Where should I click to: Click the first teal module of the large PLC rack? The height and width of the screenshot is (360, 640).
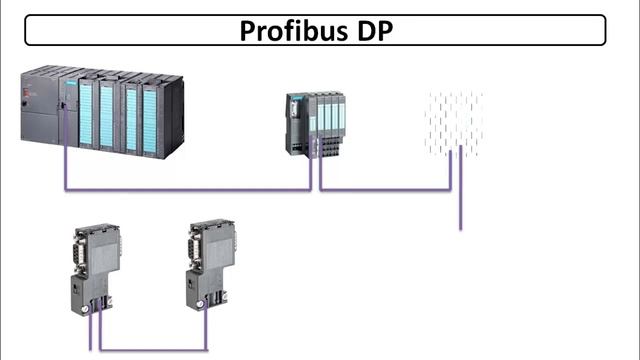pos(86,115)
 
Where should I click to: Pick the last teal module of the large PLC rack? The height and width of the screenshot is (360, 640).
pos(151,118)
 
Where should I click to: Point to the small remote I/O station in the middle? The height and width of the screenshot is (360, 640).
pos(315,123)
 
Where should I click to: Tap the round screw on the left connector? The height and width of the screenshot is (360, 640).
pos(87,308)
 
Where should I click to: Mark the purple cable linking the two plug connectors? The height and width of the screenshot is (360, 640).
pos(150,349)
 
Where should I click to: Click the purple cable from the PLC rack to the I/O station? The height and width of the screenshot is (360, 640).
pos(190,188)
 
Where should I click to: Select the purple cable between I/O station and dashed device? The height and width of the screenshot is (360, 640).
pos(385,188)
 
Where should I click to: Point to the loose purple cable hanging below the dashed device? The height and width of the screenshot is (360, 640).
pos(460,210)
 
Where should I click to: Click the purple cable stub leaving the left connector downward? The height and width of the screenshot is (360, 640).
pos(91,335)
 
